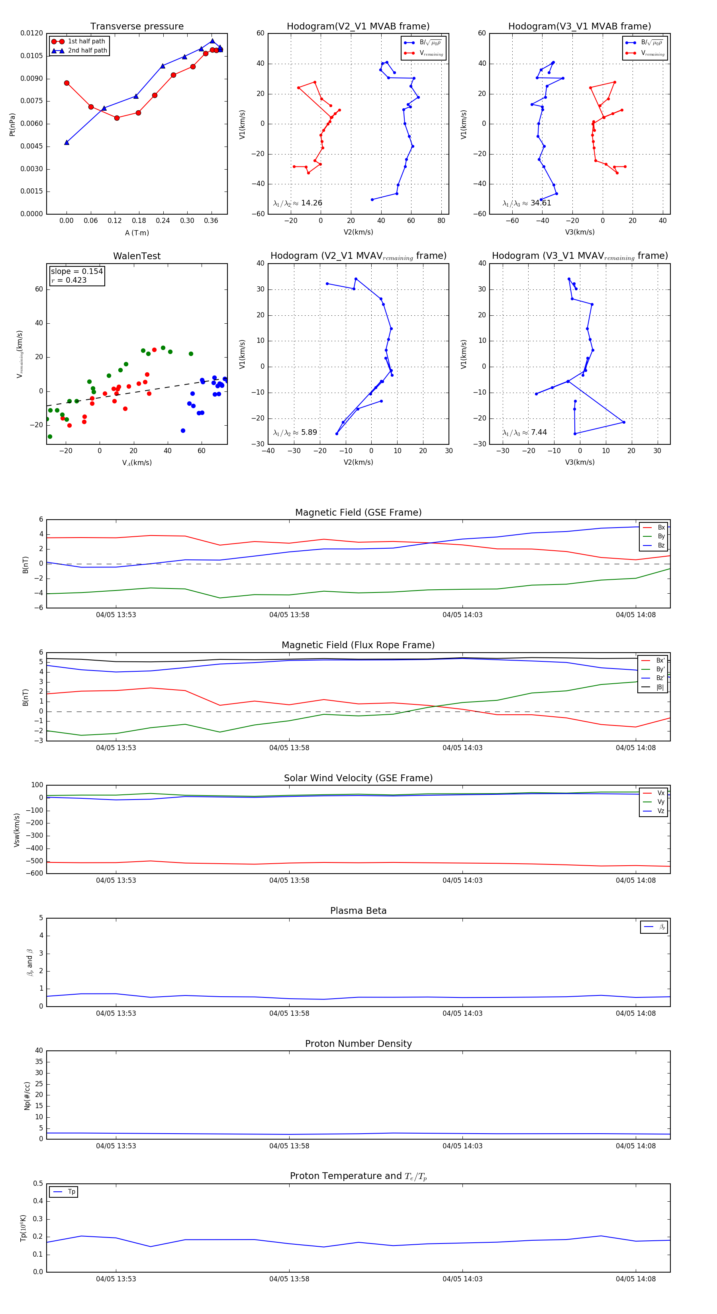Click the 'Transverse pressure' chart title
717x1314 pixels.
tap(137, 27)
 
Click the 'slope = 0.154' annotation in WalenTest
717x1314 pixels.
tap(76, 272)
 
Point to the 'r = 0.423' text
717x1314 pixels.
tap(69, 280)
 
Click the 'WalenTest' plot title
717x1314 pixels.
tap(137, 256)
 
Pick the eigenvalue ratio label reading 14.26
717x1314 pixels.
tap(298, 203)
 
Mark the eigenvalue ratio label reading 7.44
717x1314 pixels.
tap(525, 432)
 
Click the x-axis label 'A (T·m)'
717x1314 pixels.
tap(137, 233)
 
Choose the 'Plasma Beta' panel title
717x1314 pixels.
tap(358, 911)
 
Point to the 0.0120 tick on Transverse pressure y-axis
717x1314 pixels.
tap(31, 33)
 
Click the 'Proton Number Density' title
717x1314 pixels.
tap(358, 1044)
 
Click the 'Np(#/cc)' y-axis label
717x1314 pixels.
tap(27, 1096)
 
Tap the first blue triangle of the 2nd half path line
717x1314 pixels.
tap(67, 142)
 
